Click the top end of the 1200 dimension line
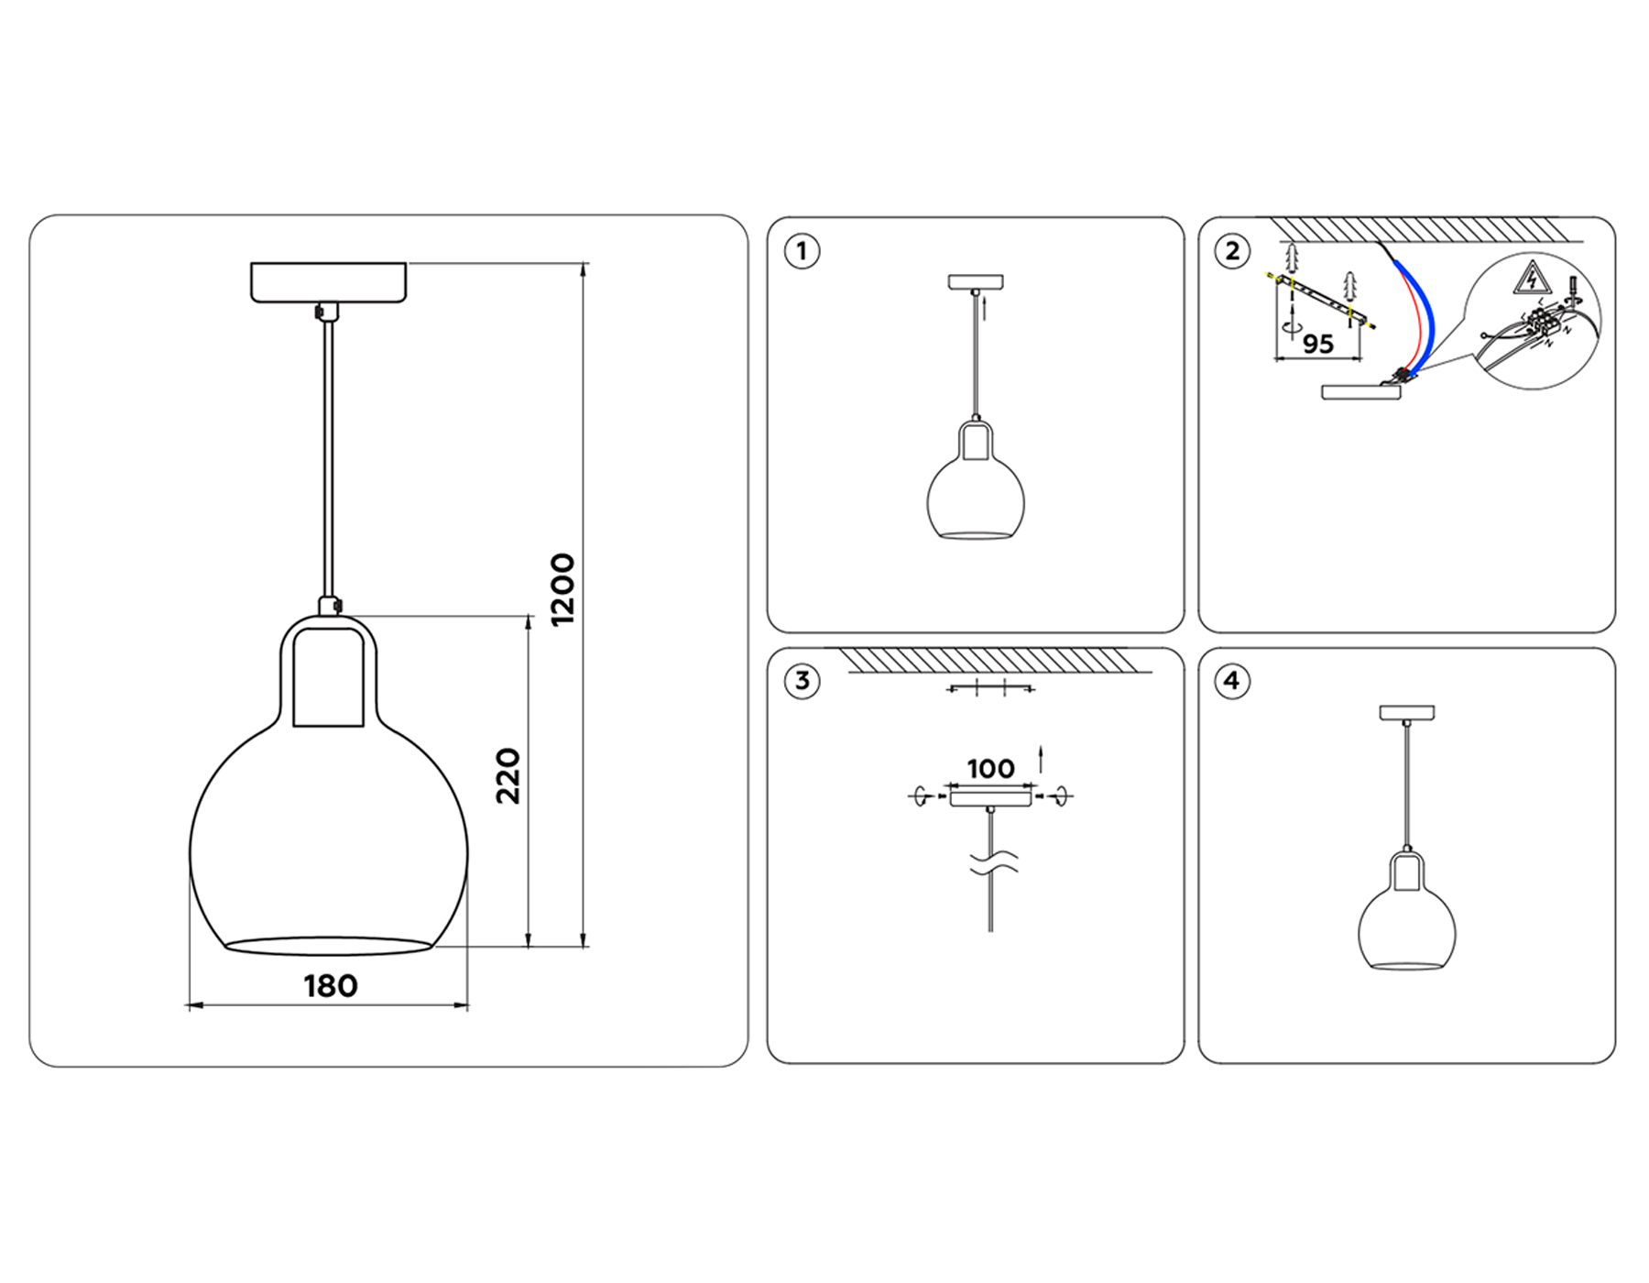[x=584, y=263]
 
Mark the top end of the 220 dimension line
[x=529, y=616]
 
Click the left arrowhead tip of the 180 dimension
[x=187, y=1006]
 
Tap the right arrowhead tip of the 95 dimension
[x=1361, y=359]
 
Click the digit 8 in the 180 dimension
[x=330, y=986]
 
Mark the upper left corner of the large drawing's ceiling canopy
[x=251, y=264]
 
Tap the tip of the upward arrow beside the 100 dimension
[x=1041, y=747]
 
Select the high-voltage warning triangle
[x=1529, y=278]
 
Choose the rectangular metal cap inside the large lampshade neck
[x=328, y=677]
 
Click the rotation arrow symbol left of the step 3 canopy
[x=922, y=796]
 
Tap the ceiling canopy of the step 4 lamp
[x=1407, y=712]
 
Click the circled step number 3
[x=803, y=681]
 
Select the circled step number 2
[x=1233, y=251]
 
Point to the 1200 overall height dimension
[x=562, y=589]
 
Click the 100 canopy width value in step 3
[x=990, y=768]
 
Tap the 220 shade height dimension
[x=508, y=776]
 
